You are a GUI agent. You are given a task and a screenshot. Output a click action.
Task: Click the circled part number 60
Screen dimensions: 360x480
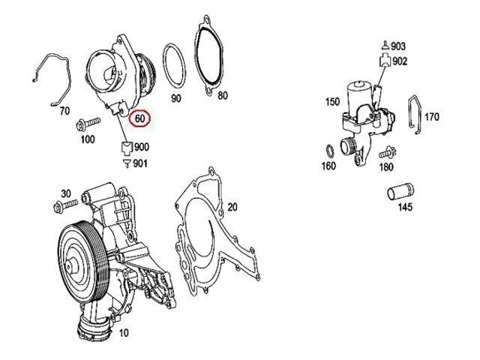(x=140, y=118)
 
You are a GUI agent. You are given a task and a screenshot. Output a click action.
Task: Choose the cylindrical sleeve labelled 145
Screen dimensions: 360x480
(x=400, y=193)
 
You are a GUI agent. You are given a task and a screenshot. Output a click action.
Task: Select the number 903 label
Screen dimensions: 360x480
(x=397, y=46)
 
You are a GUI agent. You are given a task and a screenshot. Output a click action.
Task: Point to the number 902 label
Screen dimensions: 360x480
(x=399, y=61)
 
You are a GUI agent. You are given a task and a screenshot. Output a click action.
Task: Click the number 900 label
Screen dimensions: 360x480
(x=141, y=146)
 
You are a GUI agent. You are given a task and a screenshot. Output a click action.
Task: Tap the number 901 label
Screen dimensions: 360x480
(x=139, y=163)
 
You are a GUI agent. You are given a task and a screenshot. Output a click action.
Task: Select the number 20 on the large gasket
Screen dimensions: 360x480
(x=232, y=206)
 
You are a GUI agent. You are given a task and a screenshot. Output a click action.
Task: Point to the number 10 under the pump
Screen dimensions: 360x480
(x=123, y=332)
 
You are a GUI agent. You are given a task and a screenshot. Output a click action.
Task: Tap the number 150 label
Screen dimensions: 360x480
(x=332, y=101)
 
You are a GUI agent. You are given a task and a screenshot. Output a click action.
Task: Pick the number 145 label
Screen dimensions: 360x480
(x=405, y=208)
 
